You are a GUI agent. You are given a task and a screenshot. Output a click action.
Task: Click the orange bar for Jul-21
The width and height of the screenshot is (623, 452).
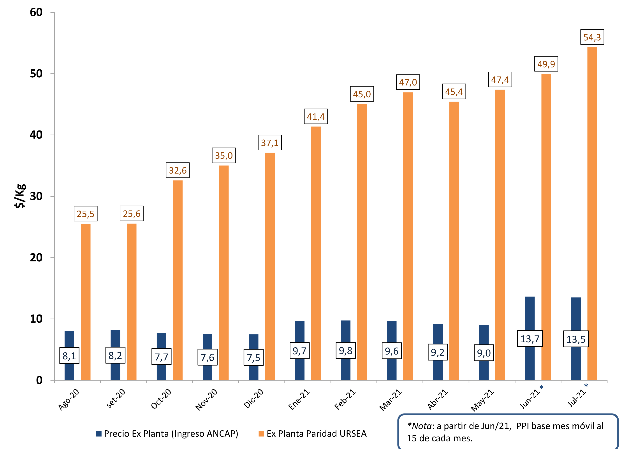(592, 214)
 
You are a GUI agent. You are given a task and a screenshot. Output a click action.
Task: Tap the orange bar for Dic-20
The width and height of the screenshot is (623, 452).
(270, 266)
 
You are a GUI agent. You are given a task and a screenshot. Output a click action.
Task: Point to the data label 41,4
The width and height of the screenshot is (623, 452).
(316, 116)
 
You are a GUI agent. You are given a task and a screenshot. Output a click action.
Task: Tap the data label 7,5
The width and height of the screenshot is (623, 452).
(253, 357)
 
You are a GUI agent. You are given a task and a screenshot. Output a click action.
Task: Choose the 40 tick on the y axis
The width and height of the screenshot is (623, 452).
(36, 135)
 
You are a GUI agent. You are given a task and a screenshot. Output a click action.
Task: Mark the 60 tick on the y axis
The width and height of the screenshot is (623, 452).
(36, 12)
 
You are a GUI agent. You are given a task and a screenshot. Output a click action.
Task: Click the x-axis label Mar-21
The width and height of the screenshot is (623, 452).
(390, 400)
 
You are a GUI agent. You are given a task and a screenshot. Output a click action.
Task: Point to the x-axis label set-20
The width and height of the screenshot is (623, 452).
(116, 398)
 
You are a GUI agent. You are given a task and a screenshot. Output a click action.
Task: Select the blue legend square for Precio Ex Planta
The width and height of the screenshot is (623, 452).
(99, 434)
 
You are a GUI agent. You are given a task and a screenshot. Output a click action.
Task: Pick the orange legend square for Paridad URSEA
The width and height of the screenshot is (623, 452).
(261, 434)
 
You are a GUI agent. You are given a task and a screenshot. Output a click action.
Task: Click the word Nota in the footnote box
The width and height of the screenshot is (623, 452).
(422, 426)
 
